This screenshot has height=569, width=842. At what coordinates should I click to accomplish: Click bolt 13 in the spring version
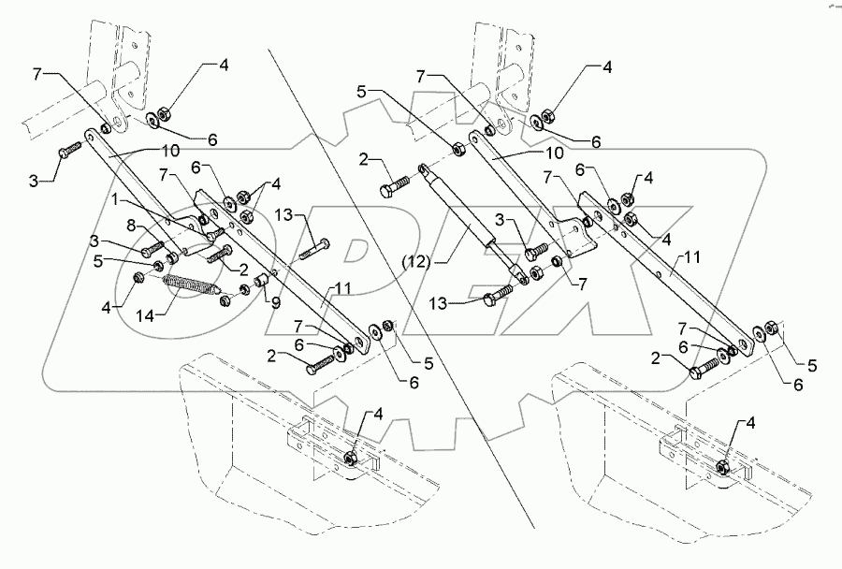point(317,248)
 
